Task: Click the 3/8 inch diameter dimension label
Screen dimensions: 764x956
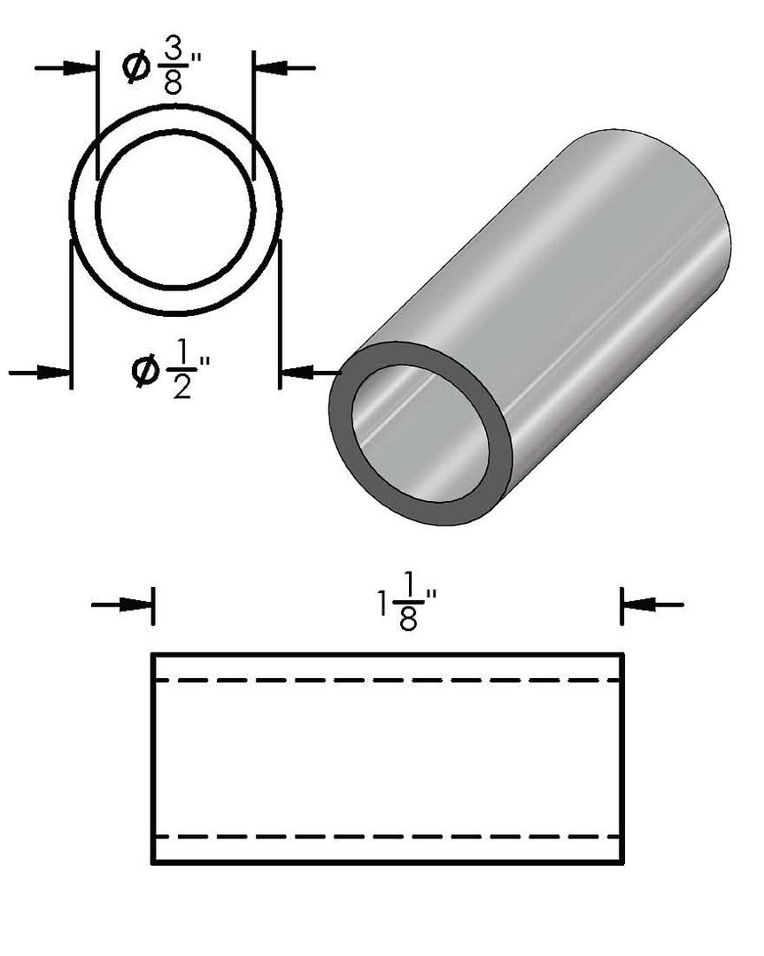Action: (x=162, y=72)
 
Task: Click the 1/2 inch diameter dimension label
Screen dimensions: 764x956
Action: (x=171, y=376)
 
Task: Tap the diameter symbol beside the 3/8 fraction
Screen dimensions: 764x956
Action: (x=136, y=67)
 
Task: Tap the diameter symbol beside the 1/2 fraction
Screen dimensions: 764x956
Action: (x=145, y=371)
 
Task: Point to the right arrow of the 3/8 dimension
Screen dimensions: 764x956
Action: (x=284, y=67)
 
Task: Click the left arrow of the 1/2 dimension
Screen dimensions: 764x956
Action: (x=40, y=371)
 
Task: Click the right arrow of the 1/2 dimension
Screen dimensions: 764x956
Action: (x=311, y=371)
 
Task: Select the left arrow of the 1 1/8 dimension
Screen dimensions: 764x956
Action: (x=122, y=605)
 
